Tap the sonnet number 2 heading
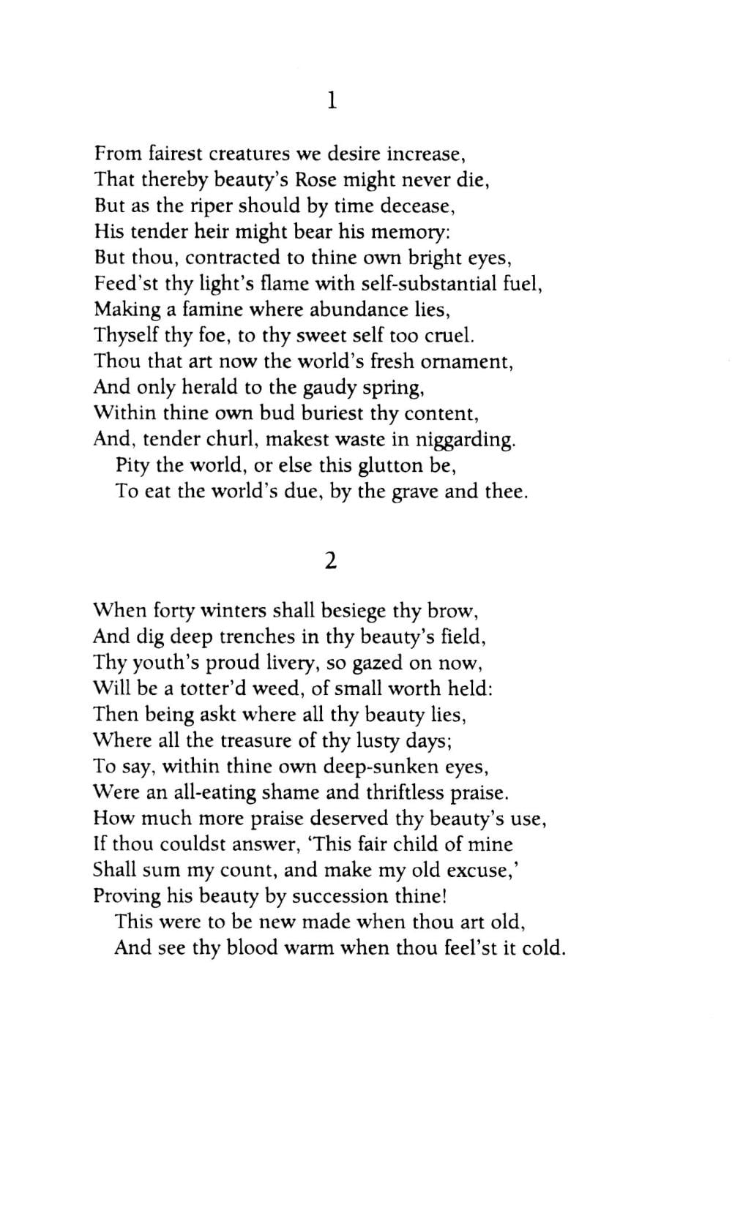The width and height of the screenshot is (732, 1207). point(331,560)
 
